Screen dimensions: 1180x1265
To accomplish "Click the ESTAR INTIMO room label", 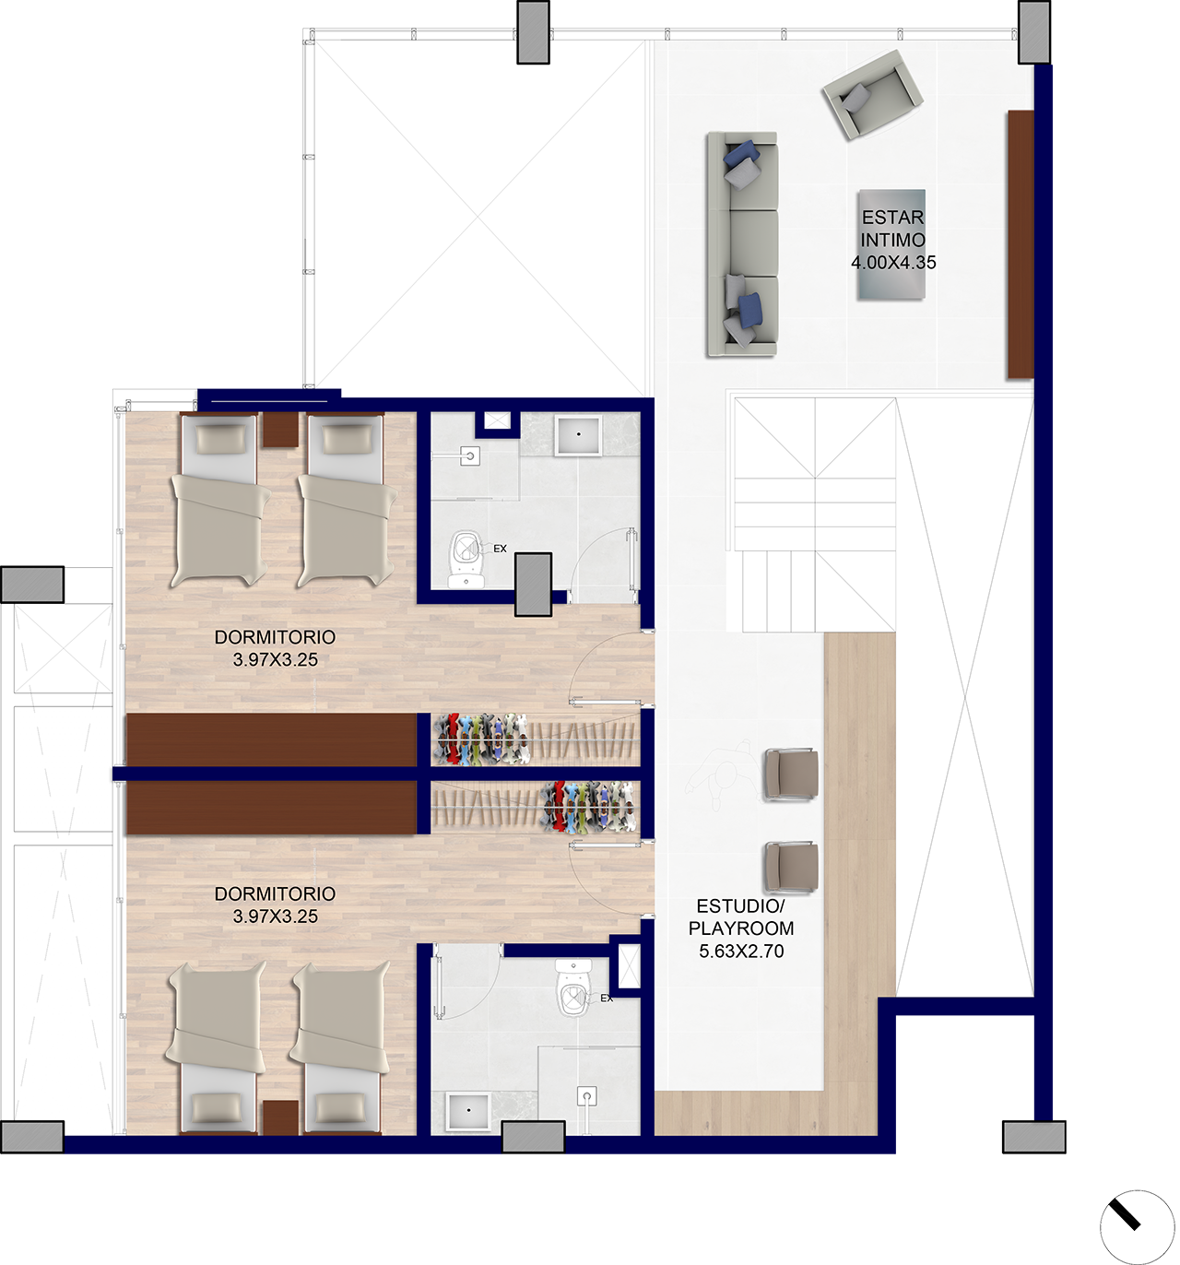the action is (892, 229).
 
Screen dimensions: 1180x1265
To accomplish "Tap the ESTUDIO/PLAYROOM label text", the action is (741, 917).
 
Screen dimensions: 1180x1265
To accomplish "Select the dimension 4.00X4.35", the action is (893, 263).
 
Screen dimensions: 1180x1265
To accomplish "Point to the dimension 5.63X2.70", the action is (741, 951).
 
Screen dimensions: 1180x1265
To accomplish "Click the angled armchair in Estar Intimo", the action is (872, 94).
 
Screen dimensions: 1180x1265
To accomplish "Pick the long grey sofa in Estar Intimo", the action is (742, 243).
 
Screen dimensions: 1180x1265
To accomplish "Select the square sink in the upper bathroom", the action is (578, 436).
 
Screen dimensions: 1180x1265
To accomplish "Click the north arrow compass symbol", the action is (1137, 1226).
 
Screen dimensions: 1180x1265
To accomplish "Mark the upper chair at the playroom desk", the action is (791, 774).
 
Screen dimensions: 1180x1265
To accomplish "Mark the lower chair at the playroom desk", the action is (791, 867).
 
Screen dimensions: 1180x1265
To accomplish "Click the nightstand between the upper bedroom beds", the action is (280, 430).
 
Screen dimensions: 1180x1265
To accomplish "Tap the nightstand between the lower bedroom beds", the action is (280, 1117).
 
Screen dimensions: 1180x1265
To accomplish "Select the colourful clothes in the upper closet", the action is (481, 739).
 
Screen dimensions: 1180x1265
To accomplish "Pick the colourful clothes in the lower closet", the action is (588, 807).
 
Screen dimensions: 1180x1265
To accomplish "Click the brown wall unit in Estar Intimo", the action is (1021, 244).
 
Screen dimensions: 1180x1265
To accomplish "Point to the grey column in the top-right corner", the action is (1033, 32).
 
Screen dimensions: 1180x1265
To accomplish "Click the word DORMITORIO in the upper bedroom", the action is (275, 637).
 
